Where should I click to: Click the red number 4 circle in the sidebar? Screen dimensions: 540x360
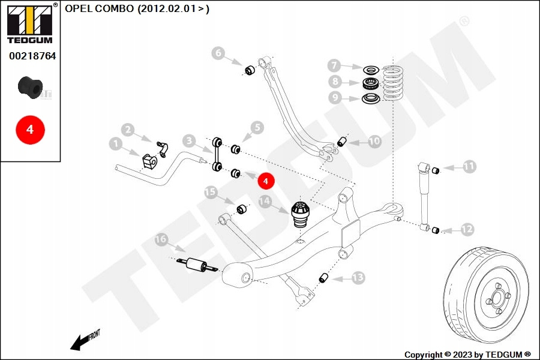[31, 130]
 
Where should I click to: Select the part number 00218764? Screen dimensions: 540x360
[32, 56]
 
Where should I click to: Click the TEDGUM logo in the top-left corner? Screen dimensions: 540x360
[30, 23]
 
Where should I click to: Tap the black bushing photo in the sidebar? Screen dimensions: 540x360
[31, 88]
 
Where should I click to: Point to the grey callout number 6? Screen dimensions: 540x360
[218, 53]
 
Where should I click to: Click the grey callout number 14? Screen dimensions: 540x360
[265, 201]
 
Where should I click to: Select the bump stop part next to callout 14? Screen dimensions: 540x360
[301, 215]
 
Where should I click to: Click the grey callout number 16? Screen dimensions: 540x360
[161, 239]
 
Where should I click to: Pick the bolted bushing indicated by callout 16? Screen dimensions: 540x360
[197, 266]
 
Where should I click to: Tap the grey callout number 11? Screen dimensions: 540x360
[469, 166]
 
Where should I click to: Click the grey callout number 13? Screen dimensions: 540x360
[358, 277]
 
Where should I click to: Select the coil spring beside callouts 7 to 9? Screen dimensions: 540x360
[392, 83]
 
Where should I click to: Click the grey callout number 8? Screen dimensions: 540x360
[335, 82]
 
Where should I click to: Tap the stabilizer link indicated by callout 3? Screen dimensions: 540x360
[217, 154]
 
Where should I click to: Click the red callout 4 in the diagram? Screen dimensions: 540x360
[266, 181]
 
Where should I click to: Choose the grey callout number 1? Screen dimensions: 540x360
[116, 143]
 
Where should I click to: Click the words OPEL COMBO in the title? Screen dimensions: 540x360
[99, 8]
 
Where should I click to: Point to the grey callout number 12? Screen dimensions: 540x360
[467, 229]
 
